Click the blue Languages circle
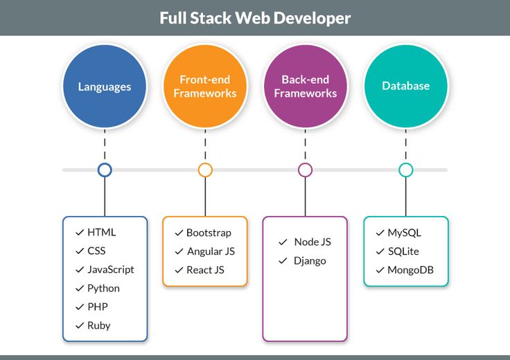pyautogui.click(x=105, y=87)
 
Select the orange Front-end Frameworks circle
pyautogui.click(x=205, y=87)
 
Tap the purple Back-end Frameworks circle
pyautogui.click(x=306, y=87)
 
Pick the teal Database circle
pyautogui.click(x=406, y=87)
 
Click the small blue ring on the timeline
pyautogui.click(x=105, y=170)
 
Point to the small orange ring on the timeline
pyautogui.click(x=205, y=170)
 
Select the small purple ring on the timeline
pyautogui.click(x=306, y=170)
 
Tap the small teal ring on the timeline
pyautogui.click(x=406, y=170)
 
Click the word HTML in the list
pyautogui.click(x=102, y=233)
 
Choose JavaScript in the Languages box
pyautogui.click(x=111, y=269)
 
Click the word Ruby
pyautogui.click(x=99, y=325)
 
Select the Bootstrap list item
pyautogui.click(x=209, y=233)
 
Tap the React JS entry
pyautogui.click(x=206, y=270)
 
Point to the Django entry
pyautogui.click(x=310, y=261)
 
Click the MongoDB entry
pyautogui.click(x=410, y=270)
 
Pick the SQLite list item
pyautogui.click(x=403, y=251)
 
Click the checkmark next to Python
pyautogui.click(x=78, y=288)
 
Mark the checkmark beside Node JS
pyautogui.click(x=283, y=242)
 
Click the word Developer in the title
pyautogui.click(x=311, y=17)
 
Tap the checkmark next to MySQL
pyautogui.click(x=380, y=233)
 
